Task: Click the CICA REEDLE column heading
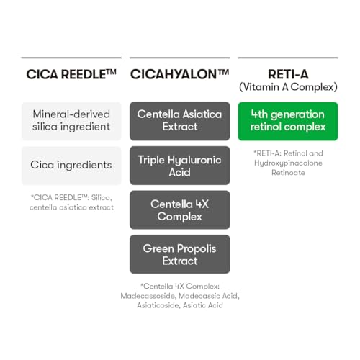point(71,74)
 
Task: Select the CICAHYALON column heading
point(179,74)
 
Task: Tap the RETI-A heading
point(288,74)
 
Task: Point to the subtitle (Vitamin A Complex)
point(288,87)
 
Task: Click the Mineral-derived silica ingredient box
point(71,121)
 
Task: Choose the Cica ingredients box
point(71,166)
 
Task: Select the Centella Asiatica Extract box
point(180,121)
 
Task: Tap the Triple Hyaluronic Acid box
point(180,166)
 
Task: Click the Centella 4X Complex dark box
point(180,210)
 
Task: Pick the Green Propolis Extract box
point(180,254)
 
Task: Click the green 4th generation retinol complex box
point(288,121)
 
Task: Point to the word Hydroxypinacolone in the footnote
point(288,163)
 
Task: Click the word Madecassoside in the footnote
point(148,296)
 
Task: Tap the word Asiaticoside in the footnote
point(158,305)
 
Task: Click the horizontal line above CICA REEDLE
point(71,58)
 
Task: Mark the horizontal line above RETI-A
point(288,58)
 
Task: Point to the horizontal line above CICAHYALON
point(180,58)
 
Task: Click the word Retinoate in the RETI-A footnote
point(288,173)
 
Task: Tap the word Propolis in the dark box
point(197,249)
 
